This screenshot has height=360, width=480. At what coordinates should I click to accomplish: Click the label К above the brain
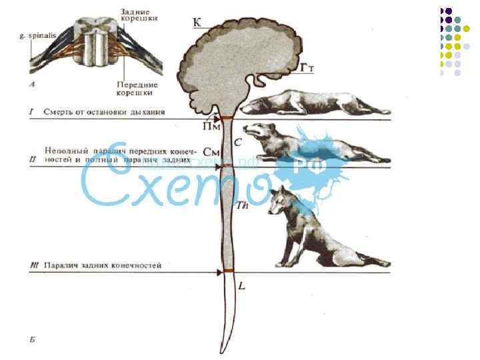click(197, 23)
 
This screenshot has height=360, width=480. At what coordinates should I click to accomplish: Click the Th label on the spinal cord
click(243, 206)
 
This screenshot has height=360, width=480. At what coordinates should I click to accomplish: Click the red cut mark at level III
click(229, 271)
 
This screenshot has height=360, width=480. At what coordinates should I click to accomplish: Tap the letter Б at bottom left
click(32, 340)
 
